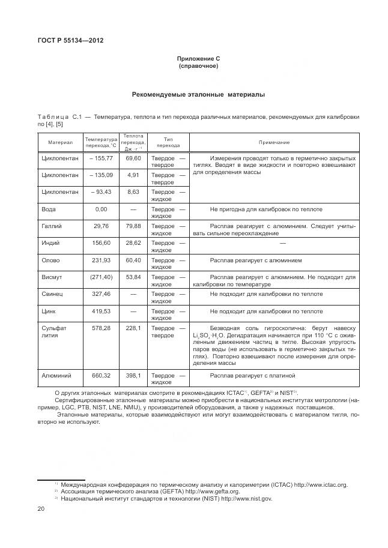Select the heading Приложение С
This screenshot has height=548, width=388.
198,58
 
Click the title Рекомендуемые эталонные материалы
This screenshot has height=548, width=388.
198,94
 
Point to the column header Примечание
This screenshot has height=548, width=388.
274,142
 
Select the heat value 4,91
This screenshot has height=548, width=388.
133,175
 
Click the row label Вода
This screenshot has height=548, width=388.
49,209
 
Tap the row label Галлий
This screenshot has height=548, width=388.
52,226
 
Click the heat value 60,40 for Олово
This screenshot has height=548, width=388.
133,260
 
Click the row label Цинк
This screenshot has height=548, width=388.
49,312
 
